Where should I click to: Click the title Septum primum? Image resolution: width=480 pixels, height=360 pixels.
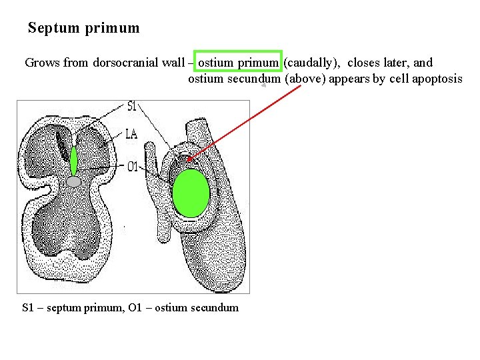[84, 28]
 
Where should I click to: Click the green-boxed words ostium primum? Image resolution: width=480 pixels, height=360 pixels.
[238, 63]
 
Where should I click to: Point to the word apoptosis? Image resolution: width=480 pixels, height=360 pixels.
[437, 79]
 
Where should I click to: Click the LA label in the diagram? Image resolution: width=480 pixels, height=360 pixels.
[131, 134]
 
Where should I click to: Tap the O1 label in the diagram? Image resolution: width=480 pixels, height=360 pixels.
[132, 166]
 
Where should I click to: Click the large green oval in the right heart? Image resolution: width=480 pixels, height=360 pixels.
[191, 193]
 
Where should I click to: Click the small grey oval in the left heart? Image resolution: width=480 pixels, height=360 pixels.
[74, 181]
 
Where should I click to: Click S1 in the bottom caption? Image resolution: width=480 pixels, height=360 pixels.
[28, 307]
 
